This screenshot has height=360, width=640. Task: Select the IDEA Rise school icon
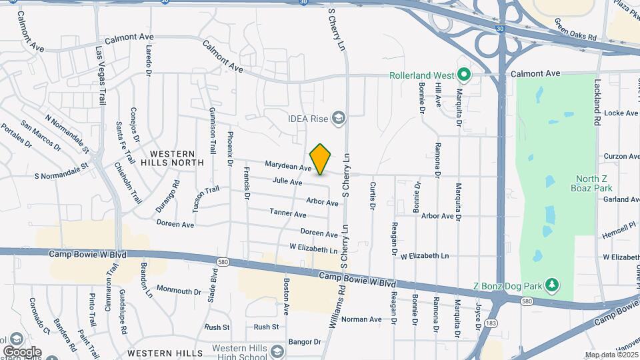click(x=339, y=119)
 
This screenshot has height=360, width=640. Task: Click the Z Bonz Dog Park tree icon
click(x=551, y=285)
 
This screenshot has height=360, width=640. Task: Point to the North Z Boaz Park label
click(x=593, y=183)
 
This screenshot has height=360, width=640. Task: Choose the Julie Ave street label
click(x=287, y=181)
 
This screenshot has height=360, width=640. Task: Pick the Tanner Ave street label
click(x=288, y=213)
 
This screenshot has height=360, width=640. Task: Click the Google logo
click(x=22, y=351)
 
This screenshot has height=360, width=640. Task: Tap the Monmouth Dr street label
click(x=179, y=291)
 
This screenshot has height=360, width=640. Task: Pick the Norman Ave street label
click(x=361, y=319)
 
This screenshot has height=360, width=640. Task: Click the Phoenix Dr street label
click(x=230, y=149)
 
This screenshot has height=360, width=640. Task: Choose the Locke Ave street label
click(x=621, y=113)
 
